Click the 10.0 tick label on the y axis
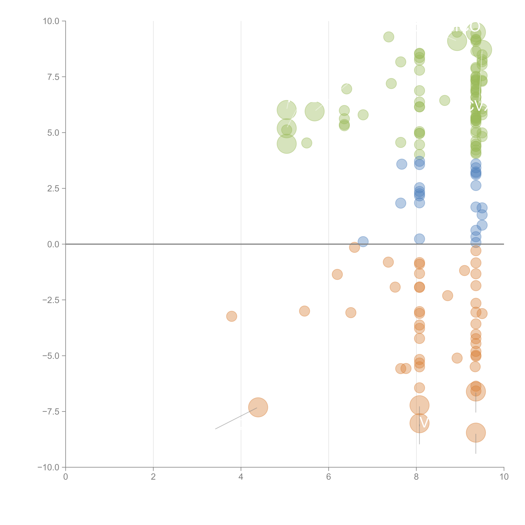pyautogui.click(x=51, y=21)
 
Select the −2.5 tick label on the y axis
pyautogui.click(x=51, y=300)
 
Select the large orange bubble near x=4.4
pyautogui.click(x=258, y=407)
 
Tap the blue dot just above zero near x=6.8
pyautogui.click(x=363, y=241)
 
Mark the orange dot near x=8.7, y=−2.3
pyautogui.click(x=448, y=295)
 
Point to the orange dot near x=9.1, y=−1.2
pyautogui.click(x=464, y=270)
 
